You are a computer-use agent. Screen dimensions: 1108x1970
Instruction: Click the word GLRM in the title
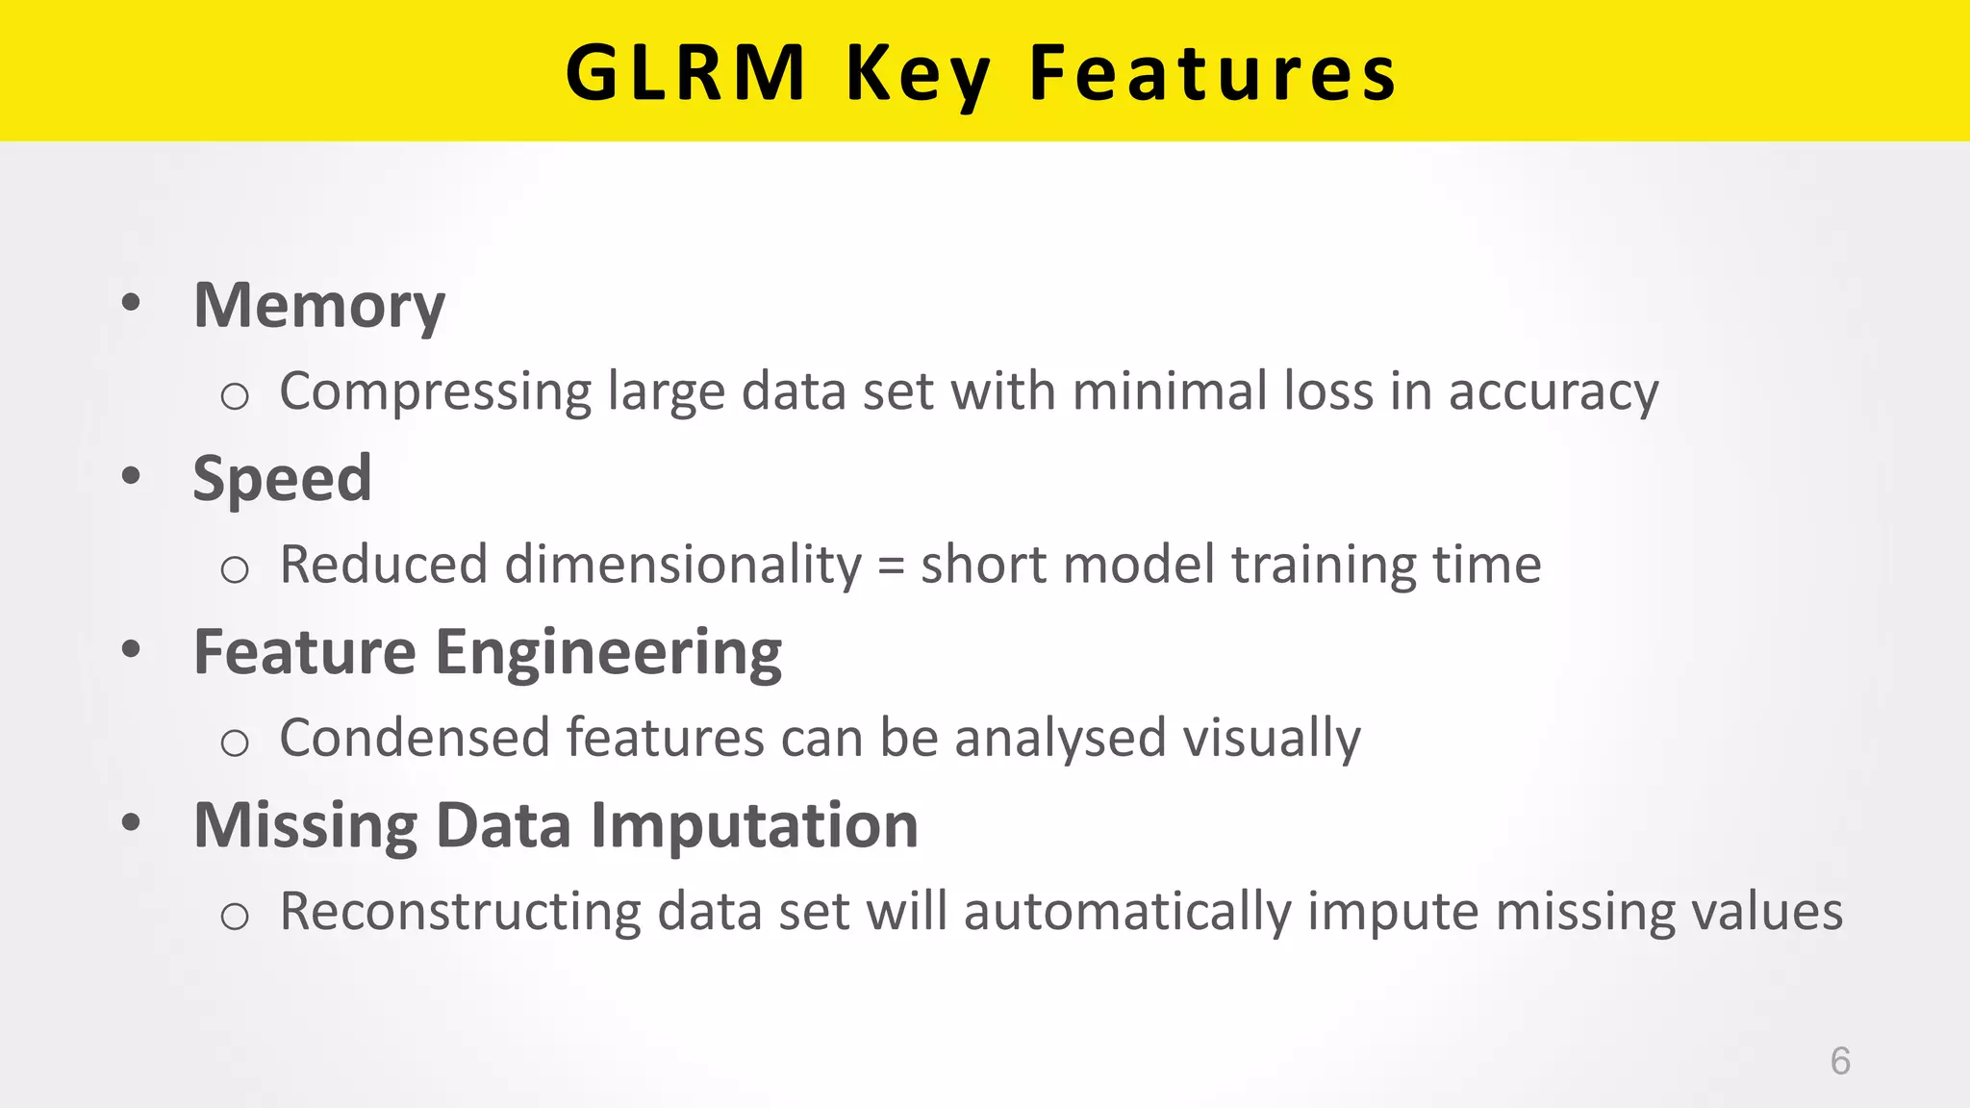[x=685, y=73]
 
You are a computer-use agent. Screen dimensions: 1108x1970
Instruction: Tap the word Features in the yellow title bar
[x=1212, y=73]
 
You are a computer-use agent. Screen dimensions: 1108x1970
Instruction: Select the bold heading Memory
[x=319, y=306]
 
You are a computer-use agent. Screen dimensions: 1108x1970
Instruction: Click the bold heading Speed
[x=282, y=478]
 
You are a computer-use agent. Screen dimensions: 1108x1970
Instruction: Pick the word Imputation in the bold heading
[x=754, y=825]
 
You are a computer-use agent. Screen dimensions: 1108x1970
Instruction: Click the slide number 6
[x=1840, y=1061]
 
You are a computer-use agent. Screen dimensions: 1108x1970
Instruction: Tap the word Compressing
[x=435, y=392]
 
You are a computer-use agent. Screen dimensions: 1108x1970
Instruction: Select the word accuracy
[x=1553, y=392]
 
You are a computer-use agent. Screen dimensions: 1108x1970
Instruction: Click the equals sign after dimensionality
[x=892, y=566]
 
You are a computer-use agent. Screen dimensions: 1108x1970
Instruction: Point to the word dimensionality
[x=683, y=565]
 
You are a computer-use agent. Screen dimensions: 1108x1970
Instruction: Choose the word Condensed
[x=414, y=738]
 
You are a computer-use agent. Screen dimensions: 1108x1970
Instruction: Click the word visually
[x=1271, y=739]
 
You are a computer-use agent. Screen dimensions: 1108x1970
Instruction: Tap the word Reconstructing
[x=460, y=912]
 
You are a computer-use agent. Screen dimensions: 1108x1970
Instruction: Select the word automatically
[x=1127, y=912]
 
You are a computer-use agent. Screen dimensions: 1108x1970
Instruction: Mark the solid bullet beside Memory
[x=132, y=303]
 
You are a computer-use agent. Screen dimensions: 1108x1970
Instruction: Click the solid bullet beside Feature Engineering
[x=132, y=649]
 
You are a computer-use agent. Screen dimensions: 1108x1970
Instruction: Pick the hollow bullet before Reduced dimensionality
[x=235, y=569]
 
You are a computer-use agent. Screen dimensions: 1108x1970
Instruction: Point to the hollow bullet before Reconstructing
[x=235, y=916]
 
